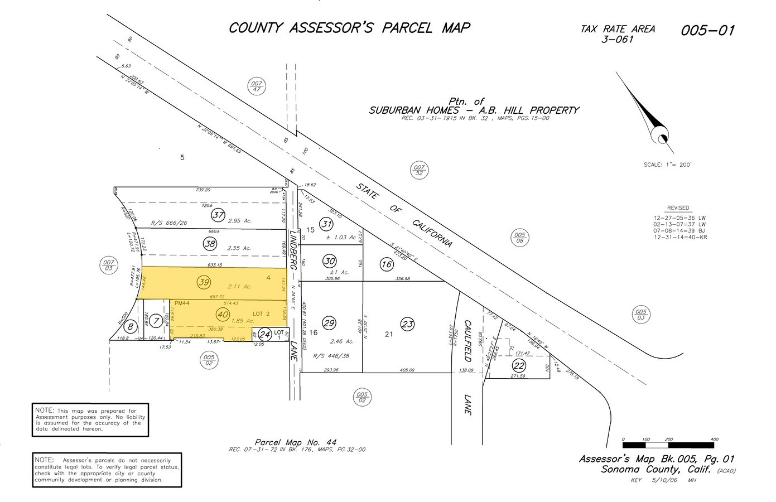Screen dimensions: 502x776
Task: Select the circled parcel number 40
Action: pos(223,315)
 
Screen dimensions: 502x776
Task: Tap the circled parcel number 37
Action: pos(217,216)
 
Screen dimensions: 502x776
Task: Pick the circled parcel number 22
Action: pos(519,366)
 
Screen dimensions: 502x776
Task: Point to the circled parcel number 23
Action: pos(408,324)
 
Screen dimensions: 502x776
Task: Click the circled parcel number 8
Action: pos(130,327)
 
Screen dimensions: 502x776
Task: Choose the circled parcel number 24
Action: pos(265,335)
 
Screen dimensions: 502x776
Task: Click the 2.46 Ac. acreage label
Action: pos(342,341)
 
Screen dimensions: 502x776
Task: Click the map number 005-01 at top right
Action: pos(707,30)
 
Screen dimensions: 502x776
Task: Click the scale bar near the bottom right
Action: pos(669,445)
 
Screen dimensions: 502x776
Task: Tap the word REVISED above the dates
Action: pos(678,208)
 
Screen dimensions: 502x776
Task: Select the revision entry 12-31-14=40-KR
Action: pos(680,238)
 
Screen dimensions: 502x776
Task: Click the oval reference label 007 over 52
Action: pos(419,169)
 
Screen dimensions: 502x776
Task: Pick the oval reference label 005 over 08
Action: pos(519,238)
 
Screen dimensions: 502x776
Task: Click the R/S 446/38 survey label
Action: pos(331,355)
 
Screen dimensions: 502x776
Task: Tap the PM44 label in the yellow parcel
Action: pos(182,303)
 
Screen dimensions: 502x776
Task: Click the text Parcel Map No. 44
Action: pos(296,442)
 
